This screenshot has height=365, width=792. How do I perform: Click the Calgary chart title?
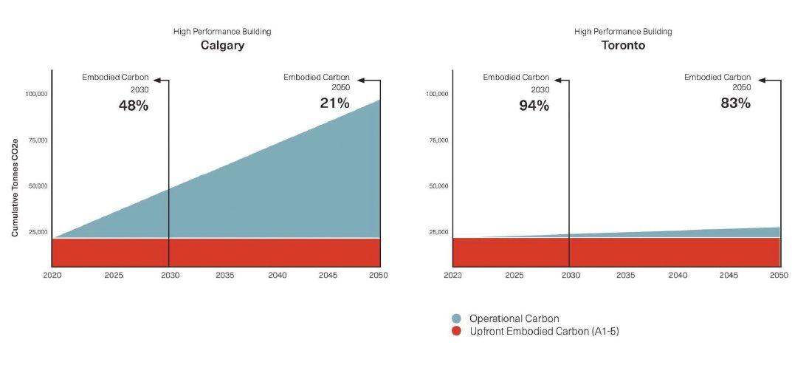(222, 46)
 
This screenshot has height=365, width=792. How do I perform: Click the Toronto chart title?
(623, 46)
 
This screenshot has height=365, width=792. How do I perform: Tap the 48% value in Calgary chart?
(134, 106)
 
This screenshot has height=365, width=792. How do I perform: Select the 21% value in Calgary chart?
(334, 103)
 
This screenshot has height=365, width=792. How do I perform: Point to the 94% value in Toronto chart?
(534, 106)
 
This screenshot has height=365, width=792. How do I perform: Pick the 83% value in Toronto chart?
(735, 103)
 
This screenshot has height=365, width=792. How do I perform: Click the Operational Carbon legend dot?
(455, 318)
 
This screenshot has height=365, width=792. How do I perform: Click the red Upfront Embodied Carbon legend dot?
(455, 331)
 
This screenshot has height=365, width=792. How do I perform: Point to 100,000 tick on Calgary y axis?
(36, 94)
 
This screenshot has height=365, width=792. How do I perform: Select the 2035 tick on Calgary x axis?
(225, 275)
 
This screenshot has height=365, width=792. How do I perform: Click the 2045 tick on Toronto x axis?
(728, 275)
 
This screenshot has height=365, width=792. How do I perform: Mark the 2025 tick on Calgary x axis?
(114, 275)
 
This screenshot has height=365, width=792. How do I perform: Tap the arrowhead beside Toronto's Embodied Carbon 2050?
(763, 81)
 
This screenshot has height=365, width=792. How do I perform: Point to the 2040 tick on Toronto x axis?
(678, 275)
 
